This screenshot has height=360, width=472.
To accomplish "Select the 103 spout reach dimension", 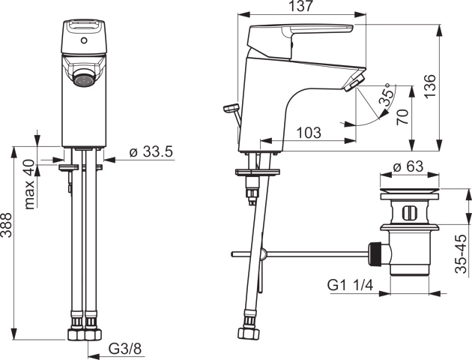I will (308, 133).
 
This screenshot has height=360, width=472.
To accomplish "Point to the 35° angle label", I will (386, 95).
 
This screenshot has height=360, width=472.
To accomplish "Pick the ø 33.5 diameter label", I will (151, 151).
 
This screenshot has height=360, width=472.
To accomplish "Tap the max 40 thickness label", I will (29, 184).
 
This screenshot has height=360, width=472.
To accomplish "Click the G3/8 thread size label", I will (124, 349).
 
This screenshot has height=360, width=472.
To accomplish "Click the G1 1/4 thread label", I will (351, 286).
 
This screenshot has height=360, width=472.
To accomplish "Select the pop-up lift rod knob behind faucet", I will (227, 109).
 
